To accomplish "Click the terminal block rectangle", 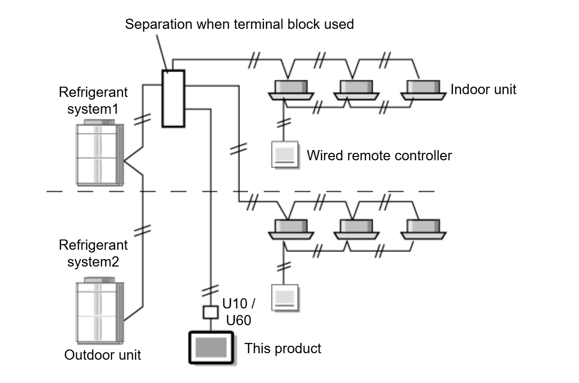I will [x=173, y=98].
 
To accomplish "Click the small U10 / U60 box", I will [x=211, y=312].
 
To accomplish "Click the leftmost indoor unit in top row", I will [x=290, y=89].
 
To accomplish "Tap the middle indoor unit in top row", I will [x=355, y=89].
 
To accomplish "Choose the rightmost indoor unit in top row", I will [x=422, y=89].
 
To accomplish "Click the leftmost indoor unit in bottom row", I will [x=290, y=229].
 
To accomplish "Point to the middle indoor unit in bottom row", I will [x=355, y=229].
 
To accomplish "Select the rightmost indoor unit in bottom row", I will [x=422, y=229].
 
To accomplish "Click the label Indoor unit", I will [x=483, y=89].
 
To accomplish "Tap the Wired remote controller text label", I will [x=379, y=155].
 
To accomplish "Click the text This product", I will [x=283, y=348].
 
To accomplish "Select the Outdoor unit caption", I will [x=103, y=355].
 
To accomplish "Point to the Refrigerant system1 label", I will [x=93, y=101].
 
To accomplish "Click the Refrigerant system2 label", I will [x=93, y=253].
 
